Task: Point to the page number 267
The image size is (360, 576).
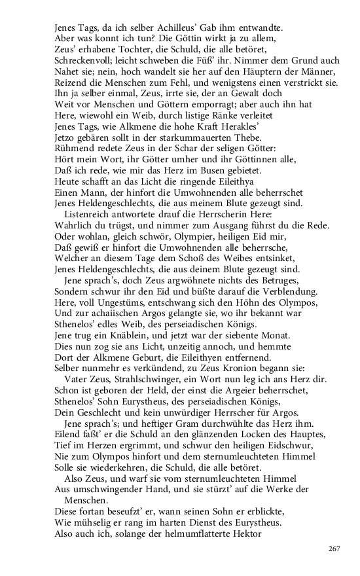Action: pos(334,549)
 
